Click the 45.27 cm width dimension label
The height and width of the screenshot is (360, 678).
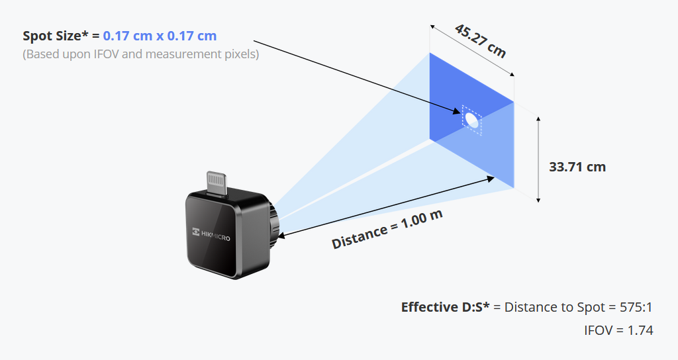[480, 40]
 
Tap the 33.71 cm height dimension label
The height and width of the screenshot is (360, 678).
[577, 167]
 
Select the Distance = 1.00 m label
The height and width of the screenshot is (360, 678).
[387, 229]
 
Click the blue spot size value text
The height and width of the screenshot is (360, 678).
[160, 36]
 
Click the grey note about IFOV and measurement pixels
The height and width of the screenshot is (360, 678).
[141, 54]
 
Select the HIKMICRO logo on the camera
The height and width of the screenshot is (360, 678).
[211, 234]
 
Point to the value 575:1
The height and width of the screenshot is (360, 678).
[636, 307]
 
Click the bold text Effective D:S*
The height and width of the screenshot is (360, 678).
[446, 307]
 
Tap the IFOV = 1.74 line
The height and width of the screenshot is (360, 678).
[618, 330]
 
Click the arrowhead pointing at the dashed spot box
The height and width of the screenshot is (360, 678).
[457, 112]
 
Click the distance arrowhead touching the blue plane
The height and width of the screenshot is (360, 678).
[491, 177]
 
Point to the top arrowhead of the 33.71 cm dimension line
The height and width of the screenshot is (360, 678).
[538, 119]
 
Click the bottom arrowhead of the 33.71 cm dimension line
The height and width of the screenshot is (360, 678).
[538, 199]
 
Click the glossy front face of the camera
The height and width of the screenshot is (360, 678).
[212, 235]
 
